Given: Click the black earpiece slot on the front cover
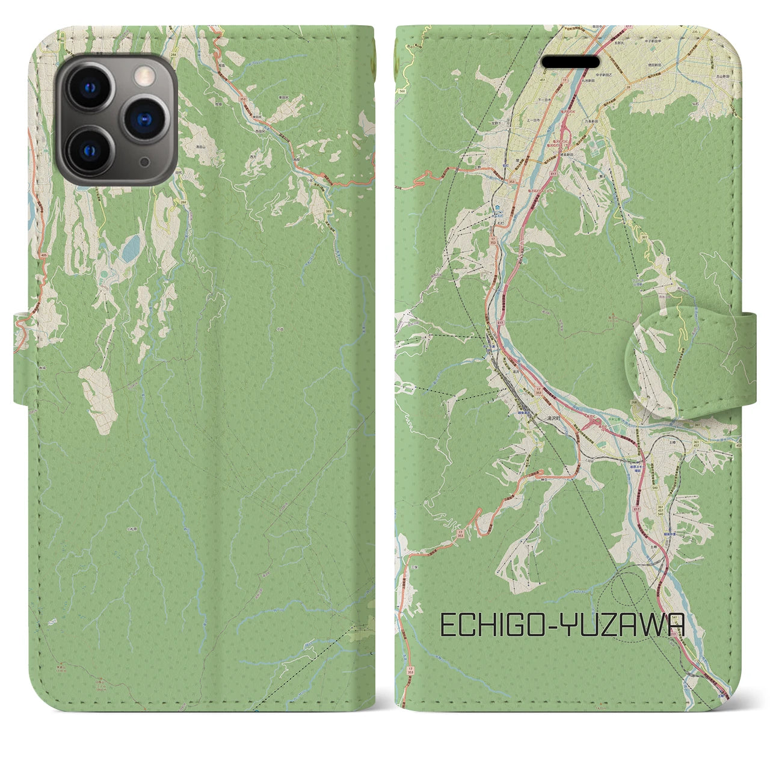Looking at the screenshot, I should point(571,62).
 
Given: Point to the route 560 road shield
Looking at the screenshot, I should point(401,91).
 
